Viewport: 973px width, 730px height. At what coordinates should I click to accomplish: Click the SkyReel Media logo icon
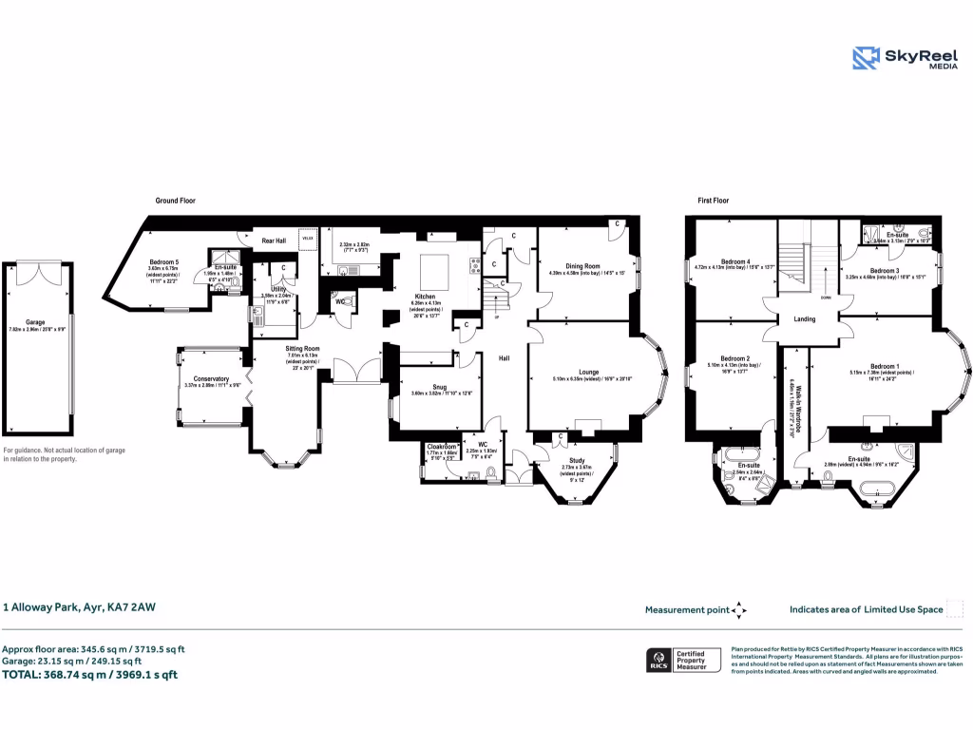pyautogui.click(x=866, y=58)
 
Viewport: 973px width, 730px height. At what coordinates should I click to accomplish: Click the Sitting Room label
pyautogui.click(x=303, y=349)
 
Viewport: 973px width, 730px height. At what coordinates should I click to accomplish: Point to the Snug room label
pyautogui.click(x=439, y=387)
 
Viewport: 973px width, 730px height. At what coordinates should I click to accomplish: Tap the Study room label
pyautogui.click(x=576, y=461)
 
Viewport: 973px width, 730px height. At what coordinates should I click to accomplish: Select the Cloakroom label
pyautogui.click(x=443, y=446)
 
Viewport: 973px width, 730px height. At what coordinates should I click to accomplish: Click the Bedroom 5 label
pyautogui.click(x=163, y=262)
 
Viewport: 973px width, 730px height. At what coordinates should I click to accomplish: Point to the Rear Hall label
pyautogui.click(x=274, y=240)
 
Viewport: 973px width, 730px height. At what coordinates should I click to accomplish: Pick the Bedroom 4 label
pyautogui.click(x=735, y=261)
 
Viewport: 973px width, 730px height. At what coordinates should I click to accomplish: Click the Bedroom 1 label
pyautogui.click(x=884, y=366)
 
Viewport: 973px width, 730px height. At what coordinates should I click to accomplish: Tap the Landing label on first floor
pyautogui.click(x=804, y=319)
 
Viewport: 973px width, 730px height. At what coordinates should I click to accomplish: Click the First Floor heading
pyautogui.click(x=713, y=202)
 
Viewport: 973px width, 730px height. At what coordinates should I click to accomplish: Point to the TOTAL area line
pyautogui.click(x=90, y=675)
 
